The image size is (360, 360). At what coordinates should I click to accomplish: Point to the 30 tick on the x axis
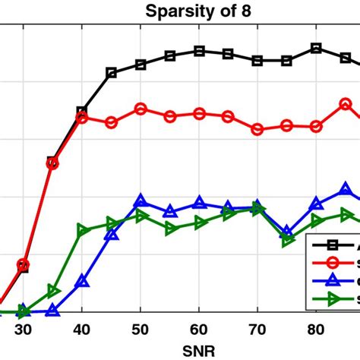click(23, 330)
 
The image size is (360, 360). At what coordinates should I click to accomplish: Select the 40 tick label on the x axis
click(81, 330)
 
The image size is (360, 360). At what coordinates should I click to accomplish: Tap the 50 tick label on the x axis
click(141, 330)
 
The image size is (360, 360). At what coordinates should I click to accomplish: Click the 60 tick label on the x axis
click(199, 330)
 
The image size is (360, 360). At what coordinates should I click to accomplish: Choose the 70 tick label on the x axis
click(257, 330)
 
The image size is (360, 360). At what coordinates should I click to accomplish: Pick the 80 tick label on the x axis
click(316, 330)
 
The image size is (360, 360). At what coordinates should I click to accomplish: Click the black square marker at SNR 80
click(316, 49)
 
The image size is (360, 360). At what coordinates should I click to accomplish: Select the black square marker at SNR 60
click(199, 51)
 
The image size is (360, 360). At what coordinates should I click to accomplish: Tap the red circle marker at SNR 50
click(141, 109)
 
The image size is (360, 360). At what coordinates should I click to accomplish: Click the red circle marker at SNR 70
click(257, 129)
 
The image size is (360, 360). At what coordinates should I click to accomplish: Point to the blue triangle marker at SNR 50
click(141, 201)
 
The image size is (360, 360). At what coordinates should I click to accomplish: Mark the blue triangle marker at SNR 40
click(82, 282)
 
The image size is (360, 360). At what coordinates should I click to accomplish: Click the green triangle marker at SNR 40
click(83, 229)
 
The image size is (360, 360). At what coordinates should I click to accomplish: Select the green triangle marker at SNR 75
click(287, 241)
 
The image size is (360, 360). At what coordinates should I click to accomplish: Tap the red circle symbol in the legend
click(331, 264)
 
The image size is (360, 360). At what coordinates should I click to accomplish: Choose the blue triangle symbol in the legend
click(331, 282)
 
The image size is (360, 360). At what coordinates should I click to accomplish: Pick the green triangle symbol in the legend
click(331, 300)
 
